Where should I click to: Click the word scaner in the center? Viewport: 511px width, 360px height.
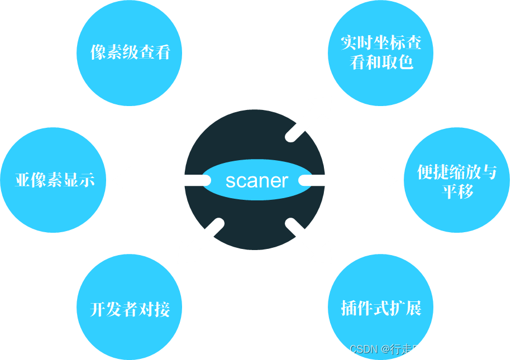(257, 180)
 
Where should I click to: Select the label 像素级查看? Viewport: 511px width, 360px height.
(130, 52)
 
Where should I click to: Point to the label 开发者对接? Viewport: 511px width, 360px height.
(130, 309)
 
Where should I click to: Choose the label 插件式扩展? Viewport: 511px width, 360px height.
(381, 308)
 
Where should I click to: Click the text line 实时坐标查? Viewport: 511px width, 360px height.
(381, 43)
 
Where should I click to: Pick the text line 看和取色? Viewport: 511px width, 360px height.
(381, 61)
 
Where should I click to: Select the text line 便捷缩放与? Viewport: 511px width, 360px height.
(457, 172)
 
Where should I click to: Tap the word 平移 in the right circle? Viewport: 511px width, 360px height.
(457, 191)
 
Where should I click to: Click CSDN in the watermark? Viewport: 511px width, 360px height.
(361, 349)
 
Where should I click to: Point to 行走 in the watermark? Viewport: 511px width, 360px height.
(400, 349)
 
